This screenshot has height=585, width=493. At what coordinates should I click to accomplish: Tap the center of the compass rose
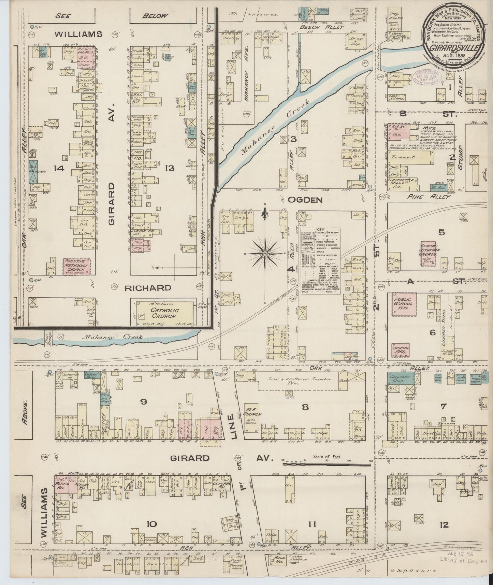point(265,254)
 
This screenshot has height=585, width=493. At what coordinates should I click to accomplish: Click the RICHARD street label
point(148,288)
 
